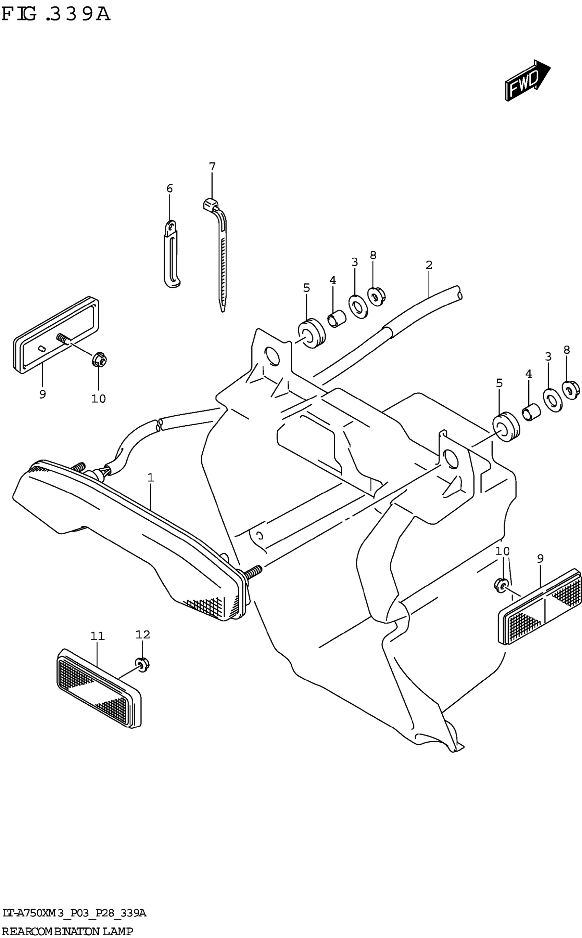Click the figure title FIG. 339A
pos(56,14)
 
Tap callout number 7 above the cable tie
pos(212,167)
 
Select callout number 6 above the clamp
pos(170,188)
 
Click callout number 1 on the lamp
pos(151,477)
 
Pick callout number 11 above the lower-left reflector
pos(97,636)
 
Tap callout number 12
pos(142,634)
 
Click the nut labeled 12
pos(142,664)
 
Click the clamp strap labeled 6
pos(172,256)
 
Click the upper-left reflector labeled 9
pos(56,335)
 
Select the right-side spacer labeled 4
pos(531,413)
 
